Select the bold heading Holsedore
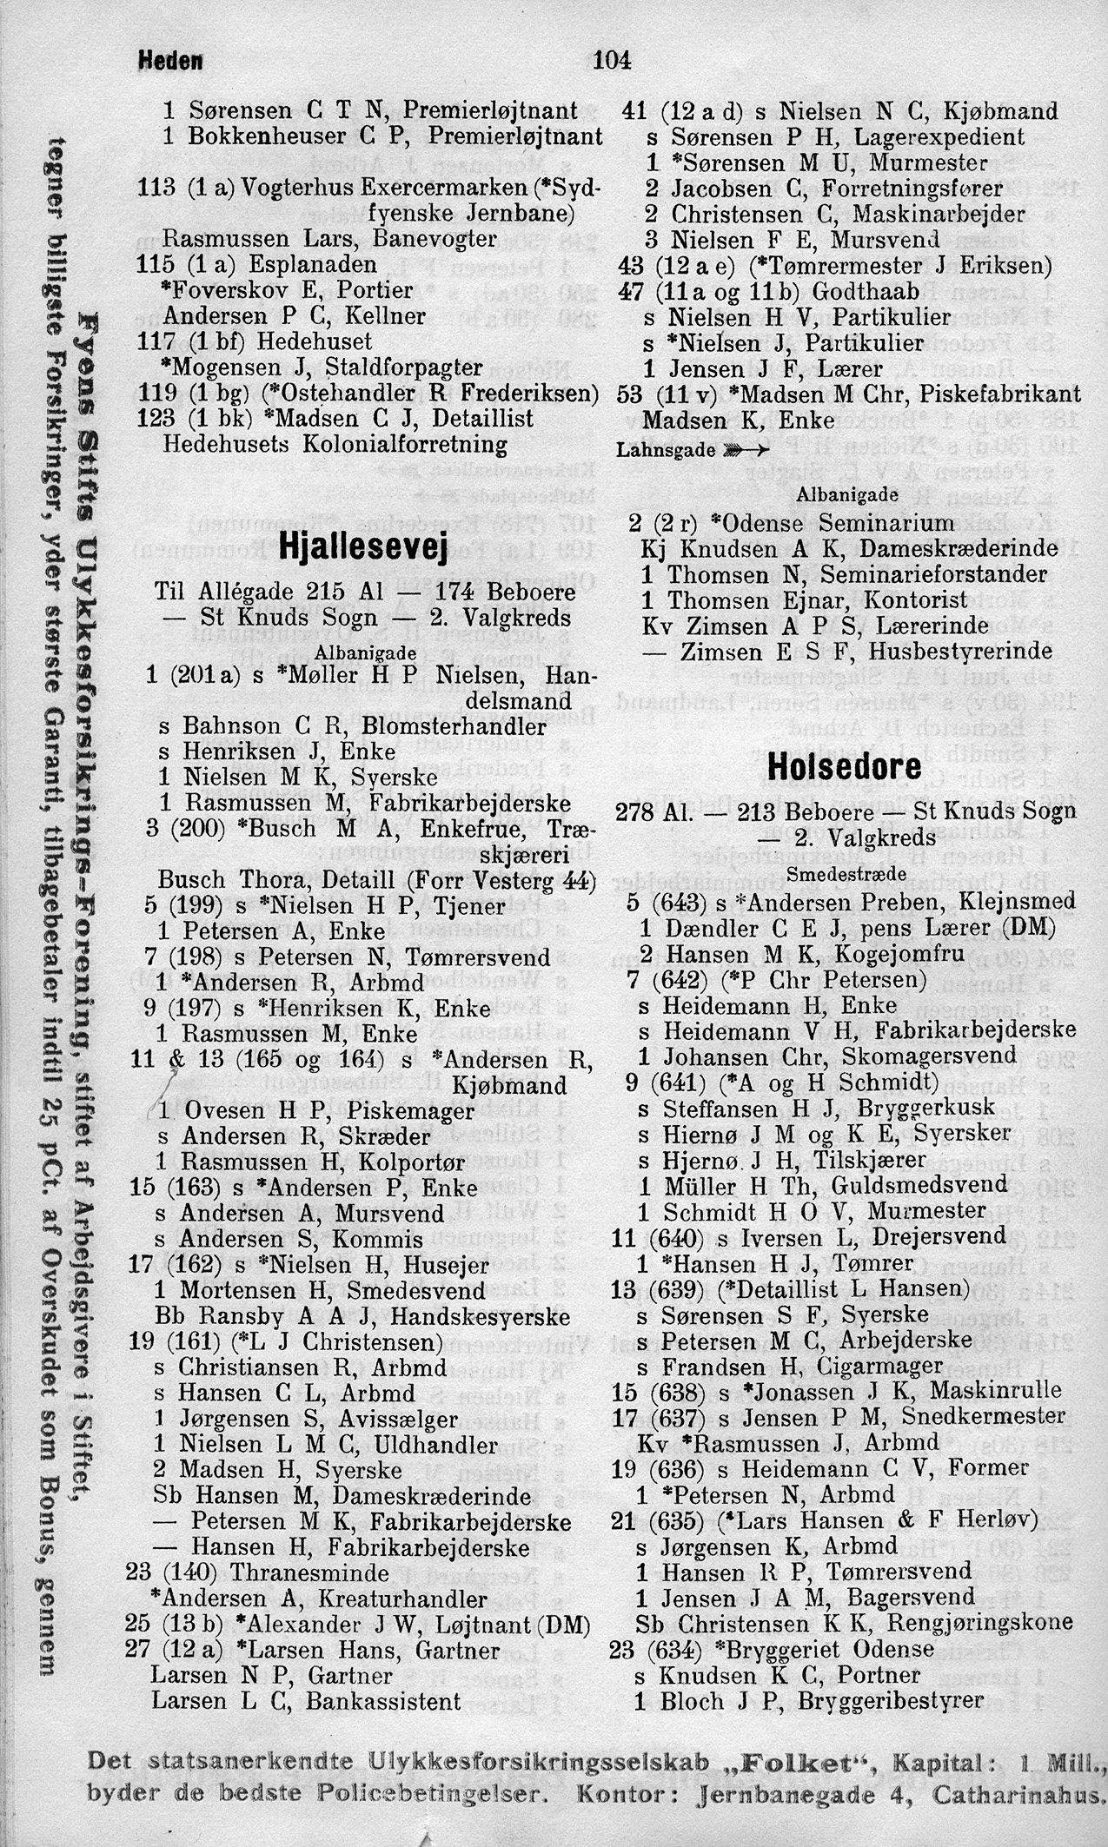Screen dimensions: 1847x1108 coord(845,767)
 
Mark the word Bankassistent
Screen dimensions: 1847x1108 coord(396,1701)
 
